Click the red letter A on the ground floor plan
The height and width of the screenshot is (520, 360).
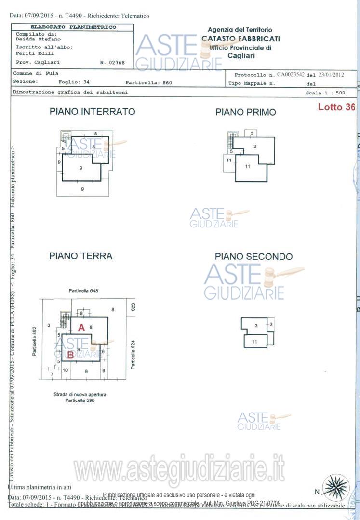(81, 327)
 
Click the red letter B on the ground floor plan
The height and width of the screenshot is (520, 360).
(70, 356)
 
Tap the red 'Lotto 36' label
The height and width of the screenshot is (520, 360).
(336, 107)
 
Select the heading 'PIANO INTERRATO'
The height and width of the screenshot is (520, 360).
(93, 112)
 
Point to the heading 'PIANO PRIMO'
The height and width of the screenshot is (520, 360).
(246, 112)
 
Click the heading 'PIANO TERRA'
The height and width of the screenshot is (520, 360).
(81, 256)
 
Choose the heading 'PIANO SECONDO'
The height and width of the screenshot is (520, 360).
(253, 257)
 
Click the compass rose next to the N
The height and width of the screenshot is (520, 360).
(335, 487)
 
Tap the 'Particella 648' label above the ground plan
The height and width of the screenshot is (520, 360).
(83, 291)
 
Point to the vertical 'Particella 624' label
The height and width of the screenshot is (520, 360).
(133, 355)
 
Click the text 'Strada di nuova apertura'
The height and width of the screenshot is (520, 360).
(80, 394)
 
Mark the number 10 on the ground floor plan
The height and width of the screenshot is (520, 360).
(65, 370)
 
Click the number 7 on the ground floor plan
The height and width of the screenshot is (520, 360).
(52, 373)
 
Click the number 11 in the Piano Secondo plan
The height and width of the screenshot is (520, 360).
(254, 341)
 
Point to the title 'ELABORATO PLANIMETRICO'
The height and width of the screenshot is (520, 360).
(73, 27)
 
